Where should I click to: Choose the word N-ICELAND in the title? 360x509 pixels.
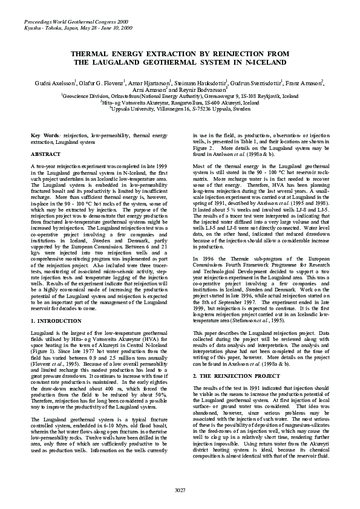260,62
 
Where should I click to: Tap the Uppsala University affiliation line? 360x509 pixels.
180,109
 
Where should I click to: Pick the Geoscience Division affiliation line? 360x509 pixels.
180,96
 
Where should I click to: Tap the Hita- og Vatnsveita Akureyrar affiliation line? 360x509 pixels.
180,103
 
